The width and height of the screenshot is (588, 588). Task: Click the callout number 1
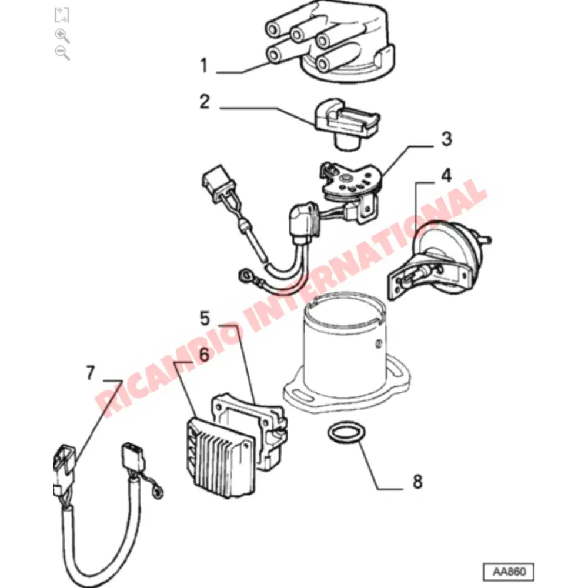click(x=203, y=65)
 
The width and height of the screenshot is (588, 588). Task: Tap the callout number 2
click(x=204, y=102)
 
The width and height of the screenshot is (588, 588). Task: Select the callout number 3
click(x=446, y=139)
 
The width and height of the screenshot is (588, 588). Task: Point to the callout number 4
click(x=447, y=175)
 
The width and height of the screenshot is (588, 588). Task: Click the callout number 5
click(x=204, y=319)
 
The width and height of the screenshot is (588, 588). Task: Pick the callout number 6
click(x=204, y=354)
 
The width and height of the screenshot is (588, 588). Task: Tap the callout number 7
click(x=90, y=373)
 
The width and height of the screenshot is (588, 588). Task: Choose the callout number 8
click(x=417, y=482)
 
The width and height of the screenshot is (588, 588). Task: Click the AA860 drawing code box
click(x=508, y=571)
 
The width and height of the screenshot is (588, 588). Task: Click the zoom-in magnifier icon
click(x=62, y=35)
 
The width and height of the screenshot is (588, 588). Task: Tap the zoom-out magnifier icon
click(x=62, y=52)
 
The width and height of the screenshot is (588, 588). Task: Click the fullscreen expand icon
click(x=62, y=15)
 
